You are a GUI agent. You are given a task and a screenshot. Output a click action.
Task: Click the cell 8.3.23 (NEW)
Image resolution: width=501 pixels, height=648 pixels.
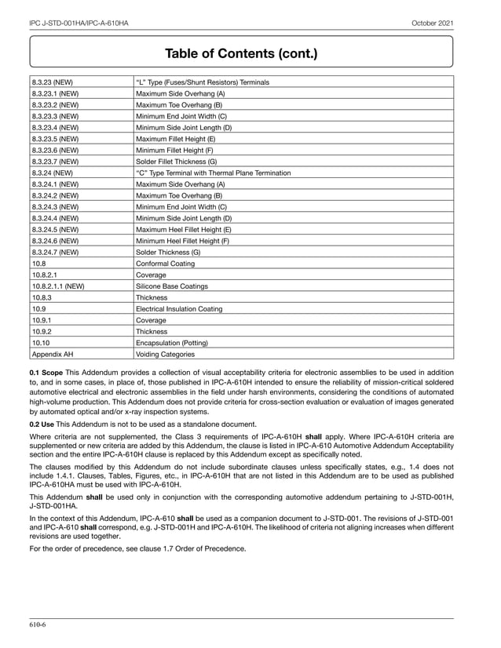(53, 82)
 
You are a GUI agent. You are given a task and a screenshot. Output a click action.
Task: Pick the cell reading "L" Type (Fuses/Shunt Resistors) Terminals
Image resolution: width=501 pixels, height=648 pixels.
(203, 82)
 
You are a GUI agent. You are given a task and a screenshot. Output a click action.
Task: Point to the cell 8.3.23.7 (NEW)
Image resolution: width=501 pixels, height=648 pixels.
(55, 161)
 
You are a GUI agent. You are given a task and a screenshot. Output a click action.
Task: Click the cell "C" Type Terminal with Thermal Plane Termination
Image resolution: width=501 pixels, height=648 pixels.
(213, 173)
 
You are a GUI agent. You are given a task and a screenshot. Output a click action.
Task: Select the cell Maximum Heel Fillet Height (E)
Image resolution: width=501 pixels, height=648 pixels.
(184, 229)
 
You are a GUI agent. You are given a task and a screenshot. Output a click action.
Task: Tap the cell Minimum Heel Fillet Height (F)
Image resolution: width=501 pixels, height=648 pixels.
(183, 241)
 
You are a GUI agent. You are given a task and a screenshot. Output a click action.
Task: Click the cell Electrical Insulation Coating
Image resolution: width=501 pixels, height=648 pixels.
(179, 309)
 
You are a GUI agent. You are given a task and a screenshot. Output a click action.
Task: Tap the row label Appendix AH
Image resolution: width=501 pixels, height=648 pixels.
(52, 354)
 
